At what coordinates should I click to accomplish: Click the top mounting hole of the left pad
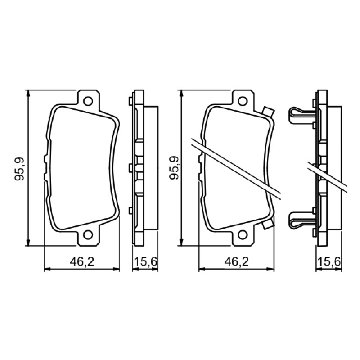[88, 101]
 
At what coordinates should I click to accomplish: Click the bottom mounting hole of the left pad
[88, 235]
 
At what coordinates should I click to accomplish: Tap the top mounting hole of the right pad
[243, 101]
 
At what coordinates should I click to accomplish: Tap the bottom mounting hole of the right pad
[243, 235]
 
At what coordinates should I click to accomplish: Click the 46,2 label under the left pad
[82, 262]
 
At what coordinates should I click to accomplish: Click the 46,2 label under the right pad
[237, 262]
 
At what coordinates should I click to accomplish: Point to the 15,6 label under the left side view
[145, 262]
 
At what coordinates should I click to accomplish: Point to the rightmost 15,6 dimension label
[329, 262]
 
